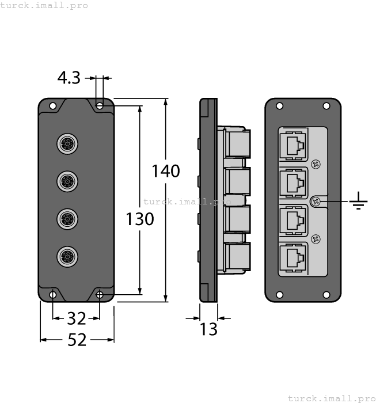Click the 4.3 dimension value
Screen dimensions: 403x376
pos(69,78)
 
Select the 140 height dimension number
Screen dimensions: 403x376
pos(166,171)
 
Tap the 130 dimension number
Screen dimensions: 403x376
pos(140,219)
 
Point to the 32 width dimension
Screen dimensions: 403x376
pos(76,318)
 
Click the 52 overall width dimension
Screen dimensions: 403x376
pos(77,340)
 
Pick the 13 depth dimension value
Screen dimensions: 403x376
pos(208,329)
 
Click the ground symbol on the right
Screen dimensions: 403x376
pos(359,201)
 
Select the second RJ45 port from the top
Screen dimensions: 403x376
pos(293,183)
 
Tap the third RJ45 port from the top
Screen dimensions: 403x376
pos(293,220)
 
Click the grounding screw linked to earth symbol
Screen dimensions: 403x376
pos(316,201)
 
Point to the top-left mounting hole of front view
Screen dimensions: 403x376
pos(53,106)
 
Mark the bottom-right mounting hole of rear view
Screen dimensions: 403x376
pos(326,295)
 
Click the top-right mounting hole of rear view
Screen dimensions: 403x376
pos(326,106)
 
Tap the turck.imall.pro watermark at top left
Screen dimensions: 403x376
pos(44,5)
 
